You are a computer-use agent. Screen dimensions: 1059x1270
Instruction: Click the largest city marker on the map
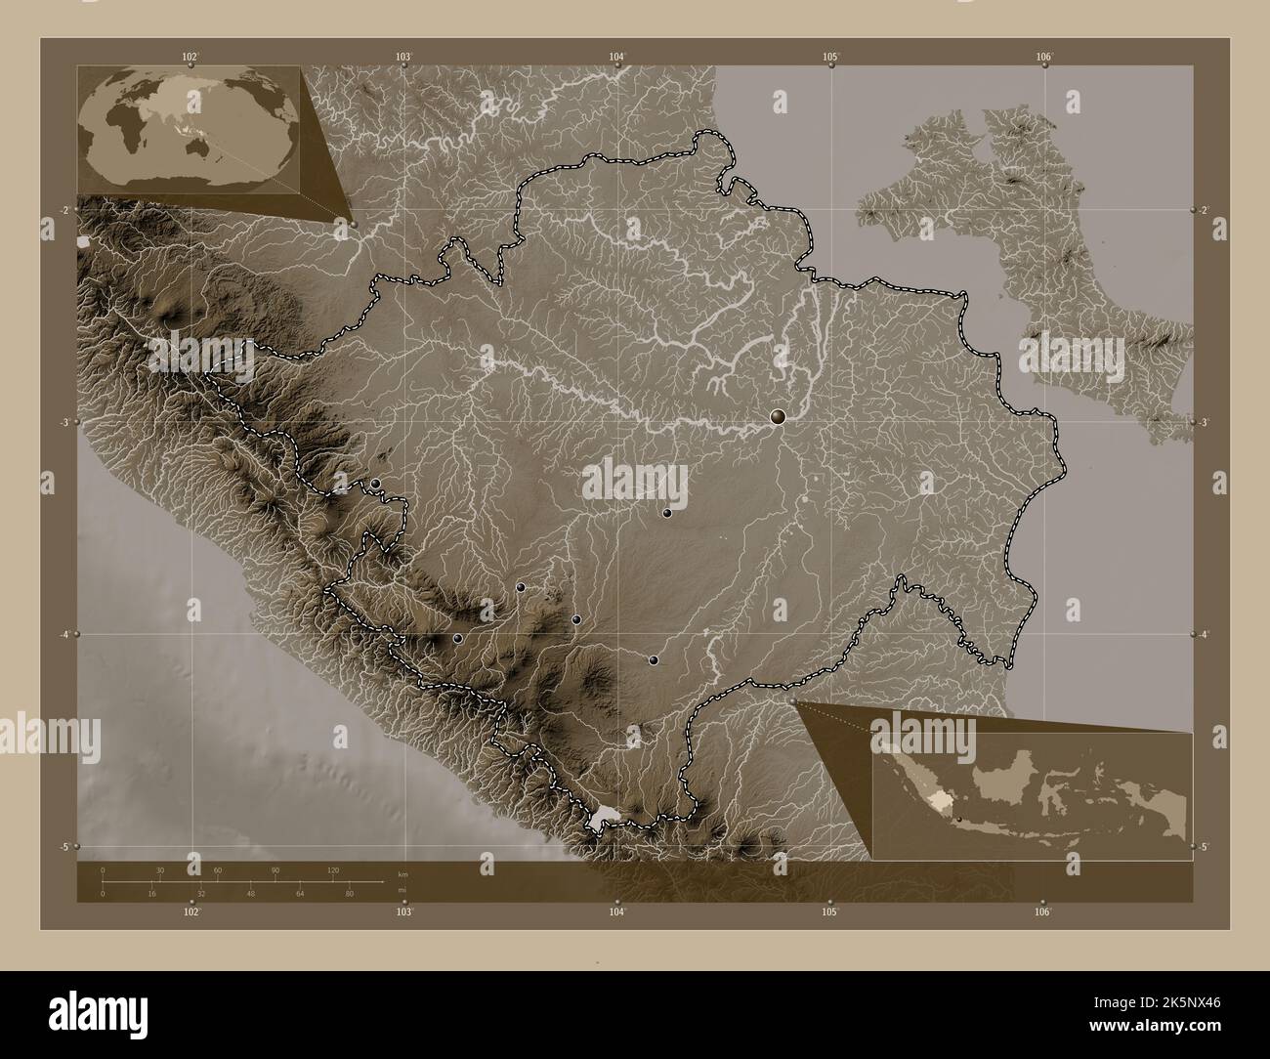778,417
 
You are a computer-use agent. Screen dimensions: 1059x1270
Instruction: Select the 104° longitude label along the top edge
616,57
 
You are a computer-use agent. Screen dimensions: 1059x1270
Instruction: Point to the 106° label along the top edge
1043,57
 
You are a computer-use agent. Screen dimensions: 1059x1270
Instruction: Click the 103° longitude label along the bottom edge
404,911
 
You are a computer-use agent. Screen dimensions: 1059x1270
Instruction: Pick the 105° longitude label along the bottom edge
829,911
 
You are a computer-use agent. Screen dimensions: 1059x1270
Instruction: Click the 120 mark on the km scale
333,869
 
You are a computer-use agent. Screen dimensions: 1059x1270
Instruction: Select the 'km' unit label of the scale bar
402,871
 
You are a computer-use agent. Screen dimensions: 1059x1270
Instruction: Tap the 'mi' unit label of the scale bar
402,891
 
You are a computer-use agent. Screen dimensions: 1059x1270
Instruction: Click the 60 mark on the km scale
218,869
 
